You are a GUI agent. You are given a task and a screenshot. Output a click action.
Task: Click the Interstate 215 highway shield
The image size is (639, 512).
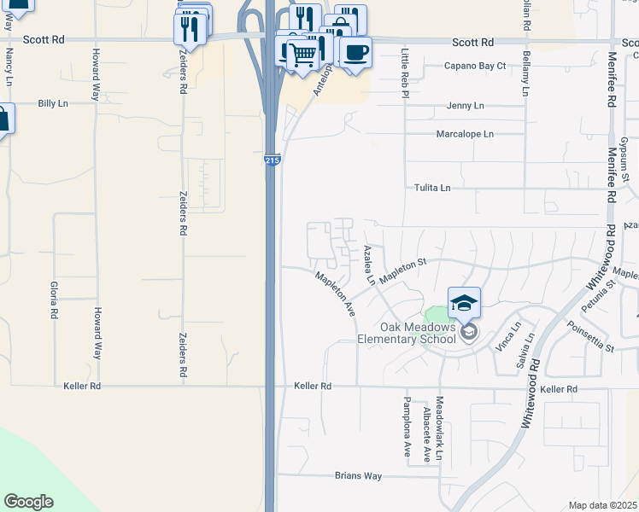pos(272,160)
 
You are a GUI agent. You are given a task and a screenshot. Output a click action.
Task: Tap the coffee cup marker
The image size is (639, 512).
pos(356,52)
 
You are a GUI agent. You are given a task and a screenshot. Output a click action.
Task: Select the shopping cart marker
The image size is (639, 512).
pos(302,55)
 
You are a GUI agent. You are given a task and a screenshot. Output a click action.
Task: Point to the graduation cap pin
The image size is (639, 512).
pos(464,304)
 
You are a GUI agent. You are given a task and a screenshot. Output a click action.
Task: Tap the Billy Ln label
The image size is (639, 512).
pos(52,103)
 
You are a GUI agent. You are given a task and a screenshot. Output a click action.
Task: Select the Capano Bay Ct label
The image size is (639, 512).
pos(475,66)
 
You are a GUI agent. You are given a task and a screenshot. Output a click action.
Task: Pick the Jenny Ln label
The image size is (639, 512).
pos(465,106)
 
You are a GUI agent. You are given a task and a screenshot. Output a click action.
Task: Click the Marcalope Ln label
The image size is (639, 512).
pos(465,134)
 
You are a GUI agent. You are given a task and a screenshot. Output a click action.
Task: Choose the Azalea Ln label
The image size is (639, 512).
pos(369,265)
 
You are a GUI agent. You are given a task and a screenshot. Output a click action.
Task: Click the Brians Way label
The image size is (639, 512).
pos(358,476)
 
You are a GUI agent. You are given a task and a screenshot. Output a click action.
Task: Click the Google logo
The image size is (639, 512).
pos(28,501)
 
